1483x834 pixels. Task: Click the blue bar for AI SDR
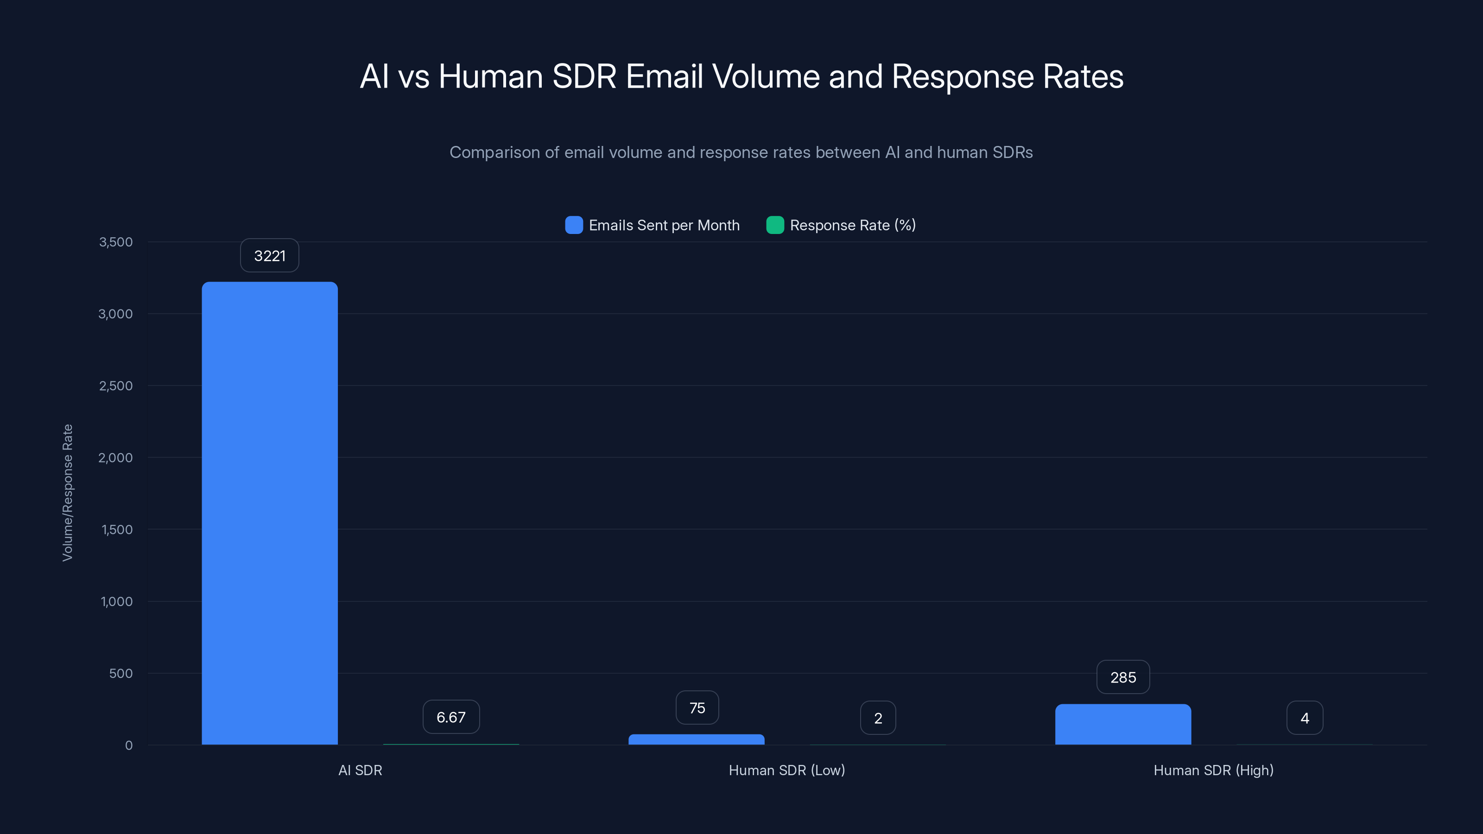point(269,512)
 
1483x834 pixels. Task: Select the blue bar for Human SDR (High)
point(1122,724)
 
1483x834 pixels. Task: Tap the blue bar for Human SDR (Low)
point(696,739)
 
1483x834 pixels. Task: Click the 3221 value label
point(269,256)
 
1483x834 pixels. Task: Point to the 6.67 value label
point(451,717)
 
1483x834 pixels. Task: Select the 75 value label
point(697,708)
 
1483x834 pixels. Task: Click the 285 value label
point(1122,677)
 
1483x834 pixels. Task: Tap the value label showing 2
point(877,718)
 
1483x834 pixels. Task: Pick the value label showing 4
point(1305,718)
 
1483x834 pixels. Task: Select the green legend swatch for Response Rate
point(775,225)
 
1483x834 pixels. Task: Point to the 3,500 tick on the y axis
point(116,242)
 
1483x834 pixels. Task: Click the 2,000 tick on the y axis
point(116,458)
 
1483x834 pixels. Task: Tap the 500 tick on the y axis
point(121,673)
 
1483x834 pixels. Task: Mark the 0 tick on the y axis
point(129,746)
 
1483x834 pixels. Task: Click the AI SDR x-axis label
point(360,770)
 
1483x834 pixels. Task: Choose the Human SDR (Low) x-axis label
point(786,770)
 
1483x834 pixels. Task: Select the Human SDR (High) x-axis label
point(1213,770)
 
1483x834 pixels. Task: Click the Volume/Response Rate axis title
point(67,493)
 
